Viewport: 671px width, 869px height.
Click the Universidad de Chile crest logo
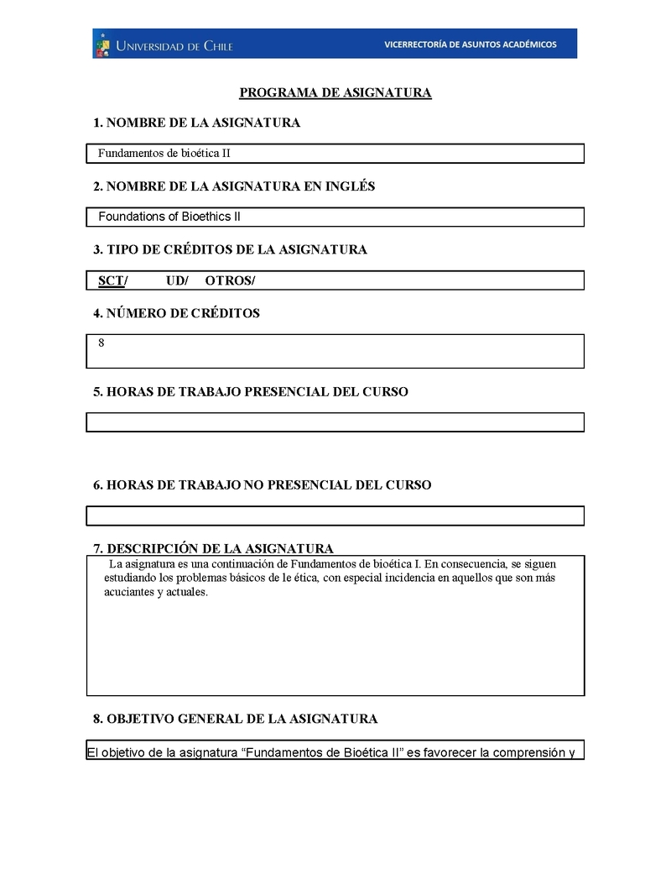pos(102,44)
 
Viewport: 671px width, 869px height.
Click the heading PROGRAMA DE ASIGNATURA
pos(335,92)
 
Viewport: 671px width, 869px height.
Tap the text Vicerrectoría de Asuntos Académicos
pos(470,44)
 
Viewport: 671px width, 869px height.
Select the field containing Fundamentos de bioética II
pos(335,154)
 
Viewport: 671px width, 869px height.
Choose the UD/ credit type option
pos(177,280)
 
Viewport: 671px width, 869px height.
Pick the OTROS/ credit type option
pos(230,280)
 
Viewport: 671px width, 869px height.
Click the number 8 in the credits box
pos(101,343)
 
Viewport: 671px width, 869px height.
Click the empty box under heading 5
pos(335,421)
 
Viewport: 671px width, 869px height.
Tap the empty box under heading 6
pos(335,516)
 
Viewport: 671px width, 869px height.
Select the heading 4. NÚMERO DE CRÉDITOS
pos(176,313)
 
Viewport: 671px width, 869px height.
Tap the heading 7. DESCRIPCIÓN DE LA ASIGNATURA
pos(213,548)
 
